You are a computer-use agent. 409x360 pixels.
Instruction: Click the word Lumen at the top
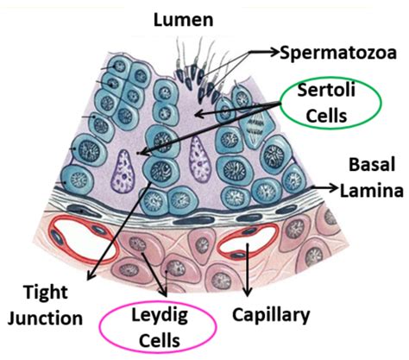184,20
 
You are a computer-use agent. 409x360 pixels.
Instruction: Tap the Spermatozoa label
338,54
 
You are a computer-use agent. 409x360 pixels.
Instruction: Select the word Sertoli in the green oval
326,90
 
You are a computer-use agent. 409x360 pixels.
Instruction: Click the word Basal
372,165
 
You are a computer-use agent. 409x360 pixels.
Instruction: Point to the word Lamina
372,190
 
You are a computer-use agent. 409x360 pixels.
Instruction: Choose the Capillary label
271,316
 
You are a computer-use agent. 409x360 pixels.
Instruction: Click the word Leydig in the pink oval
160,316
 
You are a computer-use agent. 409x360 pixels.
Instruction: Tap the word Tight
46,293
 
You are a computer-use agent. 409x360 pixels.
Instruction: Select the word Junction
45,319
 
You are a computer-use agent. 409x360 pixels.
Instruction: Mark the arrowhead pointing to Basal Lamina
333,188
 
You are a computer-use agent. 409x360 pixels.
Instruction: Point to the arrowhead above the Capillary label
248,291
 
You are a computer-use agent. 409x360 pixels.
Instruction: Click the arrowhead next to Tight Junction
91,275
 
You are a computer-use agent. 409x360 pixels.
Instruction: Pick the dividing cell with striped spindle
254,128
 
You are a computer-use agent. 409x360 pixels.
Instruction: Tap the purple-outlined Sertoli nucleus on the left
123,171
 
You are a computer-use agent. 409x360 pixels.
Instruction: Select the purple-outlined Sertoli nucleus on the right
198,160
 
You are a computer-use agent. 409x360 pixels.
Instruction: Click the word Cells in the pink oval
160,341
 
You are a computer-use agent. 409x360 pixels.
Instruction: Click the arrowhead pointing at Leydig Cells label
165,292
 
